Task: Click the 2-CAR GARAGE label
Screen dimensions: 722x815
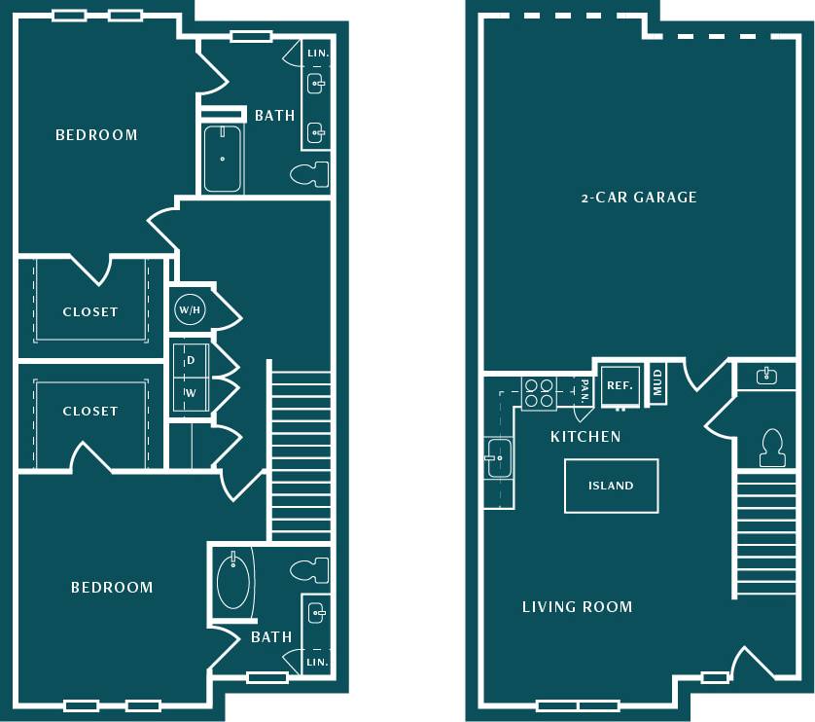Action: pyautogui.click(x=639, y=198)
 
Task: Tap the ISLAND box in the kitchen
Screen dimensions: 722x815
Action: pyautogui.click(x=611, y=486)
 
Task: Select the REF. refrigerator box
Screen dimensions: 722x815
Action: pyautogui.click(x=620, y=384)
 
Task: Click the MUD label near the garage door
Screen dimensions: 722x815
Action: pyautogui.click(x=657, y=381)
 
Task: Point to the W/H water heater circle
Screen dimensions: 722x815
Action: pyautogui.click(x=189, y=310)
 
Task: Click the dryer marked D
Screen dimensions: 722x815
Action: pyautogui.click(x=191, y=360)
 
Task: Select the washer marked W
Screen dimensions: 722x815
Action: pyautogui.click(x=191, y=393)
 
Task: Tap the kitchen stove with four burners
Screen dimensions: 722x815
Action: pyautogui.click(x=538, y=392)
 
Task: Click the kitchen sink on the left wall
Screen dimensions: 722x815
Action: pyautogui.click(x=499, y=458)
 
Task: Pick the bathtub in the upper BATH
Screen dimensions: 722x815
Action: pyautogui.click(x=223, y=159)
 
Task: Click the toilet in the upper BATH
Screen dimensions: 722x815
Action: pyautogui.click(x=310, y=174)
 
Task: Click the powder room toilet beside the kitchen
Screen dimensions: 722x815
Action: pyautogui.click(x=773, y=447)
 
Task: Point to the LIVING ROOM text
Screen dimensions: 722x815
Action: pyautogui.click(x=577, y=607)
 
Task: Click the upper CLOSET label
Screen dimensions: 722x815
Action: pyautogui.click(x=90, y=312)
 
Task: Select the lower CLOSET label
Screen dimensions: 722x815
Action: pyautogui.click(x=90, y=412)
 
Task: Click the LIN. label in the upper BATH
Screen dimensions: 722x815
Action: pyautogui.click(x=317, y=54)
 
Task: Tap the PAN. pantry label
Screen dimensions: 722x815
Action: pyautogui.click(x=585, y=391)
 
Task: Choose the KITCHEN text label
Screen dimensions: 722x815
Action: pyautogui.click(x=585, y=437)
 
